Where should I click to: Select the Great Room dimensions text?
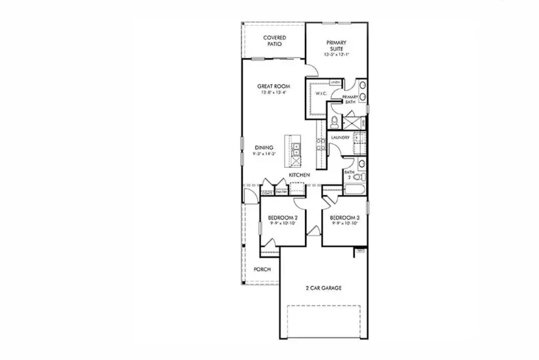point(273,93)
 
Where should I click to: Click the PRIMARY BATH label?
point(350,99)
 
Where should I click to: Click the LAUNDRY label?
point(340,138)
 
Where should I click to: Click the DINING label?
point(264,147)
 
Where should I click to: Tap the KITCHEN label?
point(299,174)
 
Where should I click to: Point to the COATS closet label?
point(268,193)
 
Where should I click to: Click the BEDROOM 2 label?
point(279,217)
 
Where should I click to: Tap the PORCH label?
point(262,270)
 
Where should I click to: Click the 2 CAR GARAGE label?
point(323,288)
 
